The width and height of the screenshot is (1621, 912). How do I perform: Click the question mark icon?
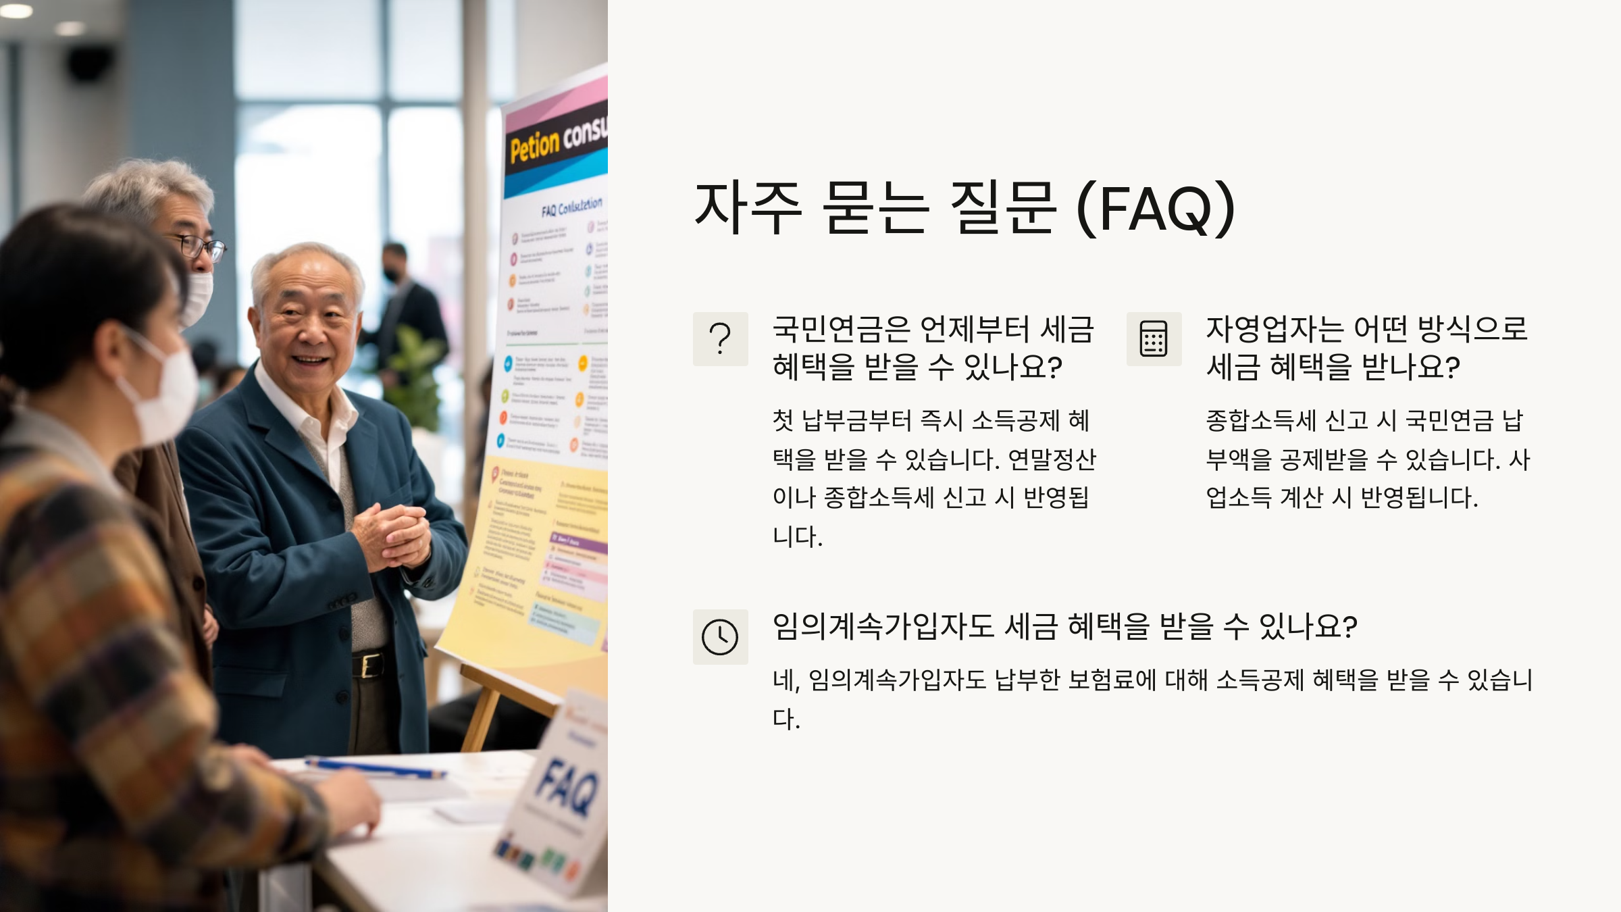pos(720,338)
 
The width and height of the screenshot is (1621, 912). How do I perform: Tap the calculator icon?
pos(1154,338)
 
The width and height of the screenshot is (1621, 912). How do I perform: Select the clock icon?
pos(720,636)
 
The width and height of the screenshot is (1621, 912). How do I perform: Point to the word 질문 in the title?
pos(1002,208)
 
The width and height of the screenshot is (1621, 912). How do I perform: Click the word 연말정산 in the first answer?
pos(1052,460)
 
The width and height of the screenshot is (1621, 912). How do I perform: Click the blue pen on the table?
pos(375,767)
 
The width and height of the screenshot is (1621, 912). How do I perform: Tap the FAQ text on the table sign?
pos(566,787)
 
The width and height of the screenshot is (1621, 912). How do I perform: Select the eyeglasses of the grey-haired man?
pos(201,248)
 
